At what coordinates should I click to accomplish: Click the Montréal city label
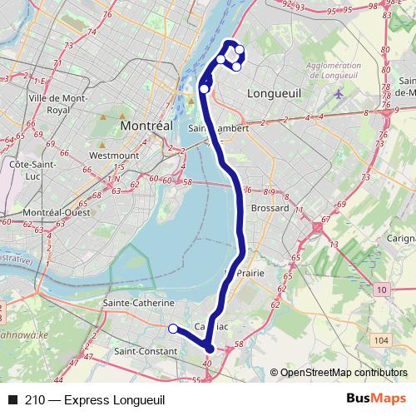(x=146, y=124)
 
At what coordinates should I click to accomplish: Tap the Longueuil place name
(x=274, y=95)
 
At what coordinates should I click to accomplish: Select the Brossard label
(x=269, y=208)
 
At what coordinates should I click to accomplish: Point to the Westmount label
(x=108, y=155)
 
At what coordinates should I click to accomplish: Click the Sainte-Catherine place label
(x=138, y=303)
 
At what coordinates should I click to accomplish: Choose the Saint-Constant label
(x=146, y=352)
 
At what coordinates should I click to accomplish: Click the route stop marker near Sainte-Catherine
(x=173, y=329)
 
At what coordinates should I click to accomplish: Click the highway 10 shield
(x=381, y=289)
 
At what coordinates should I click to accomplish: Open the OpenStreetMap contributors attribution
(x=343, y=372)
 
